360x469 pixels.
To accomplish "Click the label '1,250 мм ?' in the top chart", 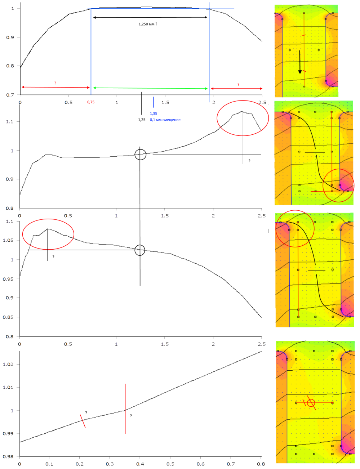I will coord(148,24).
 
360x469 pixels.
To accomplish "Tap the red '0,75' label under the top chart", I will coord(91,102).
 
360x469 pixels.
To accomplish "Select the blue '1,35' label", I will coord(154,113).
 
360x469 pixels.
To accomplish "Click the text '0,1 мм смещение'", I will coord(165,120).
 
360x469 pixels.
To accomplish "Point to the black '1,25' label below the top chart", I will coord(142,120).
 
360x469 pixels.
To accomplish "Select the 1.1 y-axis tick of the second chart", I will coord(10,122).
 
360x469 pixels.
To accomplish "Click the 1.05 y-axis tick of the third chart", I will coord(8,240).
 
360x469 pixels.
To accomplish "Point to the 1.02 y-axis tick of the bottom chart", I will coord(8,364).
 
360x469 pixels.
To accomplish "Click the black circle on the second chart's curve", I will coord(140,155).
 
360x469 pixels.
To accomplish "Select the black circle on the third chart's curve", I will coord(140,250).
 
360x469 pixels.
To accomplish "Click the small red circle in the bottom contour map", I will coord(311,403).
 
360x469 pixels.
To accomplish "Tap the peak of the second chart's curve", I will coord(243,112).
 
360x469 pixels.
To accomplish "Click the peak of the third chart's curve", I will coord(48,229).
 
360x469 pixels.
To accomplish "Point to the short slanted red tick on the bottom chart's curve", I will coord(83,421).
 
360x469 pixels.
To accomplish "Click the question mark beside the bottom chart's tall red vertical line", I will coord(131,416).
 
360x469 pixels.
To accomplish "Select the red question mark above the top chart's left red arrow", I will coord(55,83).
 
